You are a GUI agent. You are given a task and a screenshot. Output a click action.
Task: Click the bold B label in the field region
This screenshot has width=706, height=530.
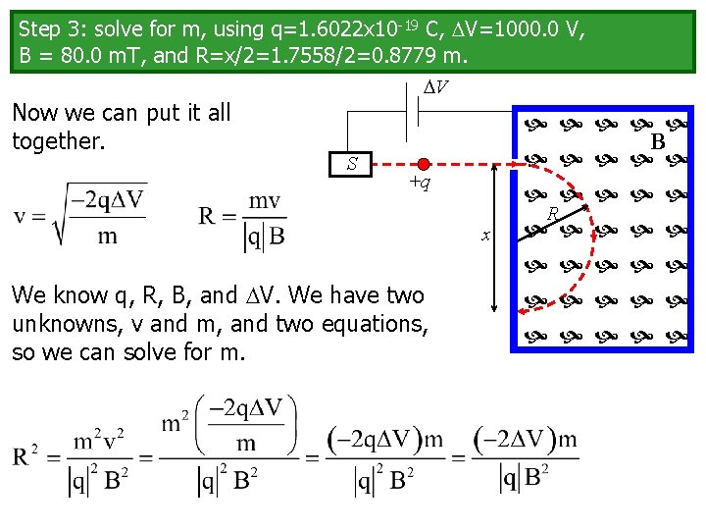point(658,142)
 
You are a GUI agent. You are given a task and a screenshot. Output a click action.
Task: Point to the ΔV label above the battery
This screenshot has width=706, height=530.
point(435,88)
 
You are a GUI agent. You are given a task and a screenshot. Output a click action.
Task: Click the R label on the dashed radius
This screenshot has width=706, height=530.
point(553,213)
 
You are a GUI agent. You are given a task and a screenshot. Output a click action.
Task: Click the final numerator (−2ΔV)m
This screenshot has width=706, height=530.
point(526,439)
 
